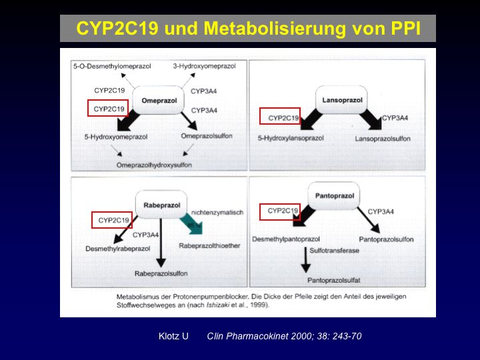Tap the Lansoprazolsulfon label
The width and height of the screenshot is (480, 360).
coord(383,138)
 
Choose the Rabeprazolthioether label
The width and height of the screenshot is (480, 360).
coord(209,246)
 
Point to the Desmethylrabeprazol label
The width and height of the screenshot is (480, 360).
coord(117,248)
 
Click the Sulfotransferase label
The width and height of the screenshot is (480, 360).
coord(335,251)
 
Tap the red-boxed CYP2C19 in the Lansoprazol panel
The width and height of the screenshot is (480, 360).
coord(280,117)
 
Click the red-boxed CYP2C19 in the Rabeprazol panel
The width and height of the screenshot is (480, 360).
coord(111,219)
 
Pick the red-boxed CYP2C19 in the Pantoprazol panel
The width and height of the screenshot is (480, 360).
coord(279,211)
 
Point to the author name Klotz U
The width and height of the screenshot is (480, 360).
coord(172,336)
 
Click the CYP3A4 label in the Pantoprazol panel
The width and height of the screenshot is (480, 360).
coord(381,212)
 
